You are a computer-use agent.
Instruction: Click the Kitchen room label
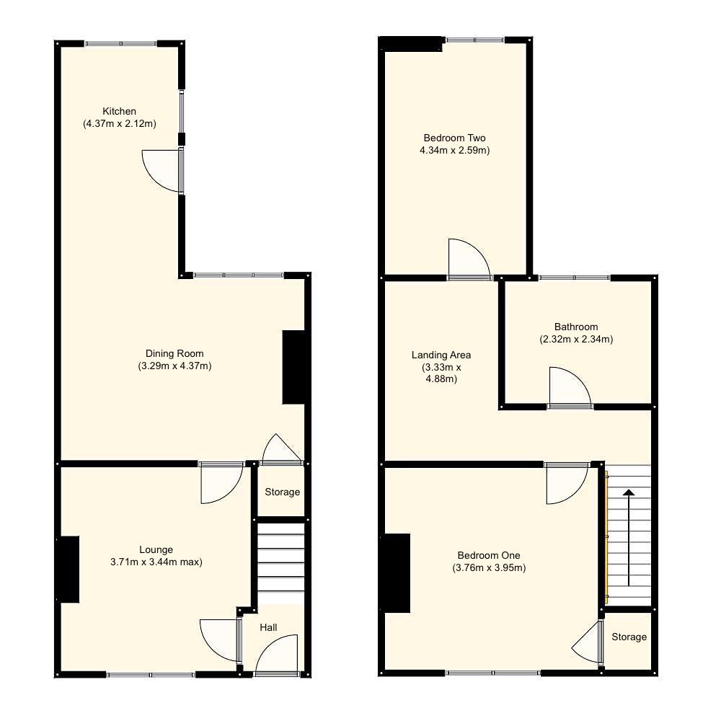click(x=119, y=111)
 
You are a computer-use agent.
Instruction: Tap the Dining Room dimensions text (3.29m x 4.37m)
click(x=174, y=366)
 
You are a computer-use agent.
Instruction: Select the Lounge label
click(x=156, y=549)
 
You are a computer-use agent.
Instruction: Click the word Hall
click(x=268, y=628)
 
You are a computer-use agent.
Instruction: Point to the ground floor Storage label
click(x=282, y=492)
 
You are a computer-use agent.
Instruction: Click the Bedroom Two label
click(x=454, y=138)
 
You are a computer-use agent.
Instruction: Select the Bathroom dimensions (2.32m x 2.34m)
click(x=576, y=339)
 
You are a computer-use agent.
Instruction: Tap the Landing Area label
click(x=441, y=355)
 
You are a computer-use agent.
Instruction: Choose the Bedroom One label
click(x=489, y=555)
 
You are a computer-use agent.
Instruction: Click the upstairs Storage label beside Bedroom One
click(x=629, y=637)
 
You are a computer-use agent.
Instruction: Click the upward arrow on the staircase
click(x=629, y=537)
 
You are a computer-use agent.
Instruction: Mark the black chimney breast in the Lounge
click(x=68, y=569)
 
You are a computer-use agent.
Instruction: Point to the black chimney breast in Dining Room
click(x=294, y=367)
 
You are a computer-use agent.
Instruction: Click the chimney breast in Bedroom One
click(x=397, y=573)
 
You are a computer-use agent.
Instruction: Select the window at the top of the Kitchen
click(x=120, y=44)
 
